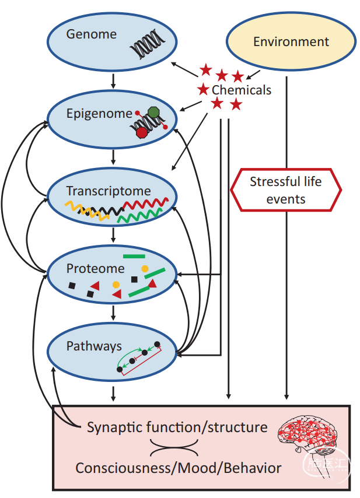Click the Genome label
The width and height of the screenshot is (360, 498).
91,34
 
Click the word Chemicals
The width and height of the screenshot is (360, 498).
242,90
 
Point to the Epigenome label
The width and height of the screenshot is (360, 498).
99,113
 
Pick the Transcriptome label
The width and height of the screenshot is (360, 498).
109,191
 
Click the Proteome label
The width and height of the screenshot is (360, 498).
96,268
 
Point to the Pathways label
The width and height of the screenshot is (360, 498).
94,346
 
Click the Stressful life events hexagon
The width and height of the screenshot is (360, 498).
286,190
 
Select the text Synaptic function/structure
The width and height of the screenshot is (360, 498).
177,427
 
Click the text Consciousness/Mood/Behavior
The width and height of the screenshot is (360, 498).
179,468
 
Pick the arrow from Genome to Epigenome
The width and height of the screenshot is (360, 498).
113,79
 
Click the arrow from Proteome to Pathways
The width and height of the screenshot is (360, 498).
113,313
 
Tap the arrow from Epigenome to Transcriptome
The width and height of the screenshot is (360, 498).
113,156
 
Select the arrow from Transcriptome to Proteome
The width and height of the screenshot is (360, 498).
113,234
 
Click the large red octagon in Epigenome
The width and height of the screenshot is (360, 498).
142,132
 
